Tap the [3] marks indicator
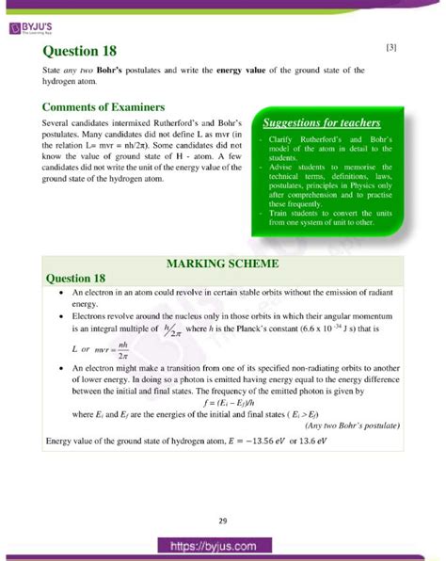coord(391,47)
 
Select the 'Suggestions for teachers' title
coord(322,123)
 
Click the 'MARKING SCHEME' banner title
coord(217,263)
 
